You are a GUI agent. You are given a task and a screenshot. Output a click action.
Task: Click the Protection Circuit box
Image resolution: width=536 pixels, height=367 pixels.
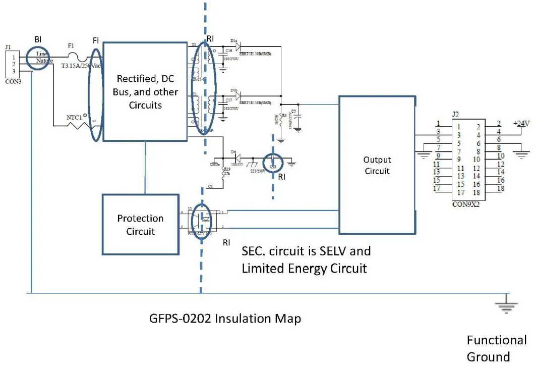click(141, 225)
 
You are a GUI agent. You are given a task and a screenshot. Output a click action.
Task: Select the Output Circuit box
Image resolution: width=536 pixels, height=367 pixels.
click(377, 165)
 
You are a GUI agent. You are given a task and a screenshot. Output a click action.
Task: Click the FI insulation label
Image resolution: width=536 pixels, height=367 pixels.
click(96, 39)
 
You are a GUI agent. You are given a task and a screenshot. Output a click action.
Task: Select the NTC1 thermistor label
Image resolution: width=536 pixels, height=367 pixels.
click(75, 118)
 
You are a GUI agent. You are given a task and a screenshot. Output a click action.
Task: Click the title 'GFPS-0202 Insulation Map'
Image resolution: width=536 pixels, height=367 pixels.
click(225, 319)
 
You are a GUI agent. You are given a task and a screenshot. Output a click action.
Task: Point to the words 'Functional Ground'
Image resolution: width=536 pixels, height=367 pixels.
click(496, 348)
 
